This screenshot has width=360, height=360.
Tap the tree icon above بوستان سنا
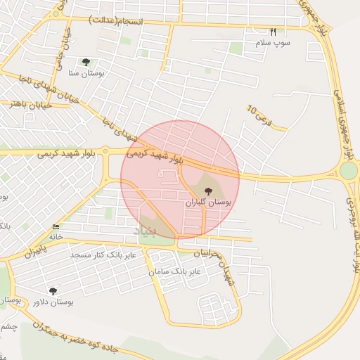click(86, 62)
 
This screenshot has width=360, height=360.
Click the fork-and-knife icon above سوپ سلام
click(274, 32)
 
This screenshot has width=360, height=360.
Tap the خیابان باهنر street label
click(28, 104)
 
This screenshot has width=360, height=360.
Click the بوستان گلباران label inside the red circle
click(208, 201)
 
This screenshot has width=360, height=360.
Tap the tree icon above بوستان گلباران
click(208, 190)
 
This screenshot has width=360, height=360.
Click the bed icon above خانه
click(56, 227)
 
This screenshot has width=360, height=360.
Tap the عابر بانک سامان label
click(175, 271)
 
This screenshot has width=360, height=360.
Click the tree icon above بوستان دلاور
click(53, 290)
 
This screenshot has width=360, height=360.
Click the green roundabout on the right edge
click(348, 171)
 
